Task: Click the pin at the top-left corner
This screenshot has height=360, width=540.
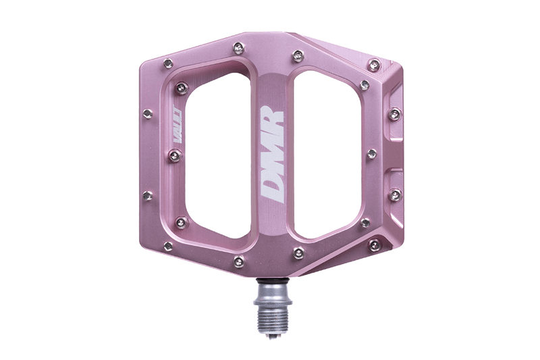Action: pyautogui.click(x=167, y=63)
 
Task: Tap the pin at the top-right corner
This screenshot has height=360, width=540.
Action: pyautogui.click(x=374, y=65)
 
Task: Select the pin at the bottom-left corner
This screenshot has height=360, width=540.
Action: pyautogui.click(x=168, y=246)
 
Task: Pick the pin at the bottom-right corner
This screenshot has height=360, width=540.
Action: pyautogui.click(x=373, y=245)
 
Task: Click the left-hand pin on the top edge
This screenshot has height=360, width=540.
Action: pyautogui.click(x=238, y=47)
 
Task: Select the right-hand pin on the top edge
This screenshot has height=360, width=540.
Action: pyautogui.click(x=298, y=55)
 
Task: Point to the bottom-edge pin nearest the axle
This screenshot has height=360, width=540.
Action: pyautogui.click(x=298, y=253)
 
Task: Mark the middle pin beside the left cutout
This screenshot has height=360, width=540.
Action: pyautogui.click(x=175, y=156)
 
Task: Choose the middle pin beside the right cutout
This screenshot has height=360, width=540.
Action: pyautogui.click(x=371, y=155)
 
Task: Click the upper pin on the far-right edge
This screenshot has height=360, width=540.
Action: pyautogui.click(x=395, y=114)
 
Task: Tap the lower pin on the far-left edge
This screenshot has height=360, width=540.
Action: pyautogui.click(x=147, y=196)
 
